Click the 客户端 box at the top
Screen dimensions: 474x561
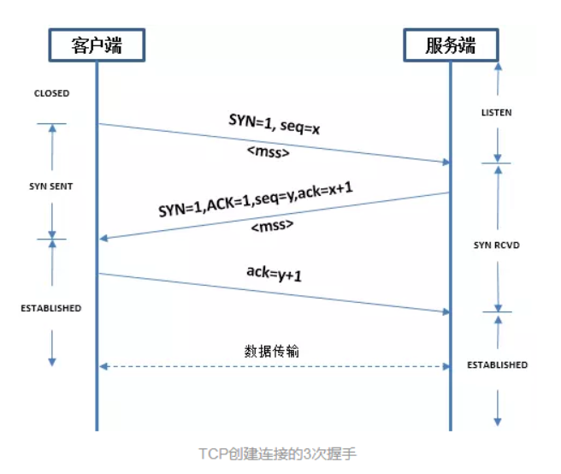pyautogui.click(x=96, y=44)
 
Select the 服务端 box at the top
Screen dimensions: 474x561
pyautogui.click(x=450, y=44)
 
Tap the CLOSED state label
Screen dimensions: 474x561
pyautogui.click(x=51, y=93)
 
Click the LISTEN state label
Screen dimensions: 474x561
pyautogui.click(x=496, y=113)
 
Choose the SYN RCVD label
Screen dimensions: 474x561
pyautogui.click(x=497, y=246)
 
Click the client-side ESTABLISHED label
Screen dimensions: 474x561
pyautogui.click(x=51, y=308)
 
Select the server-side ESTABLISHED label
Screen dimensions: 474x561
pyautogui.click(x=497, y=364)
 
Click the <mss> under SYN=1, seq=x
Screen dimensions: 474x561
pyautogui.click(x=270, y=154)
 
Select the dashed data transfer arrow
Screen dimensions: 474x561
pyautogui.click(x=274, y=366)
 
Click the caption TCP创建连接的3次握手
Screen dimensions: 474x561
pyautogui.click(x=277, y=453)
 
